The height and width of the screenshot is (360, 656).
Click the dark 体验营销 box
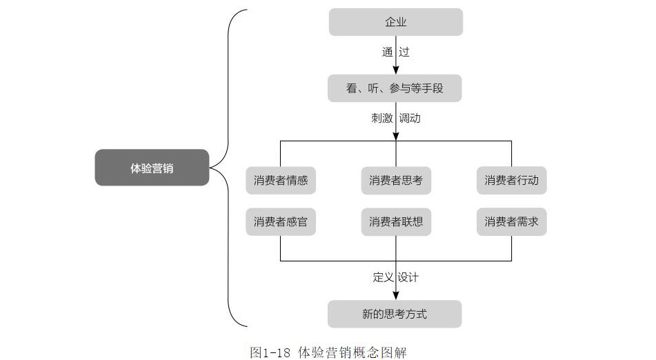pyautogui.click(x=152, y=168)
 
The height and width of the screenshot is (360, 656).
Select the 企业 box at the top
pyautogui.click(x=395, y=22)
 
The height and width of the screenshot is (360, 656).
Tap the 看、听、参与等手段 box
pyautogui.click(x=395, y=88)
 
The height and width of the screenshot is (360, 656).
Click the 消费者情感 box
pyautogui.click(x=281, y=181)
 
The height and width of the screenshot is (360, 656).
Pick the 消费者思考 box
pyautogui.click(x=395, y=181)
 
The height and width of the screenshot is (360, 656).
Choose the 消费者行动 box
pyautogui.click(x=511, y=181)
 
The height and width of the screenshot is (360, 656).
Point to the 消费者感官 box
pyautogui.click(x=281, y=222)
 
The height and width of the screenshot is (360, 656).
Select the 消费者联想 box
pyautogui.click(x=395, y=222)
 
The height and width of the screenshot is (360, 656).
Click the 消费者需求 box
pyautogui.click(x=511, y=222)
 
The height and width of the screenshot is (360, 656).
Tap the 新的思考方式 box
pyautogui.click(x=395, y=314)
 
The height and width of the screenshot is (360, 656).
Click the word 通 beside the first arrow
pyautogui.click(x=388, y=52)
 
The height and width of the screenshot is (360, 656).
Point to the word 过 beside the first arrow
pyautogui.click(x=404, y=52)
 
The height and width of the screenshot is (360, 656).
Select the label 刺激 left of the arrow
pyautogui.click(x=381, y=118)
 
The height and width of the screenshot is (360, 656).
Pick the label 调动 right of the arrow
pyautogui.click(x=410, y=118)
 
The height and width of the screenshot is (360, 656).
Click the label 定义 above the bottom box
pyautogui.click(x=383, y=277)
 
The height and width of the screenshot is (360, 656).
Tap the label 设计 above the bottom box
pyautogui.click(x=408, y=277)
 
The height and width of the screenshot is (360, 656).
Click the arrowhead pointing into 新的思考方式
pyautogui.click(x=396, y=295)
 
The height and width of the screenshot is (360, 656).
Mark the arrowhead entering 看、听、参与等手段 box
pyautogui.click(x=396, y=70)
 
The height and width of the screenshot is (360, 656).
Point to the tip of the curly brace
pyautogui.click(x=211, y=168)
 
